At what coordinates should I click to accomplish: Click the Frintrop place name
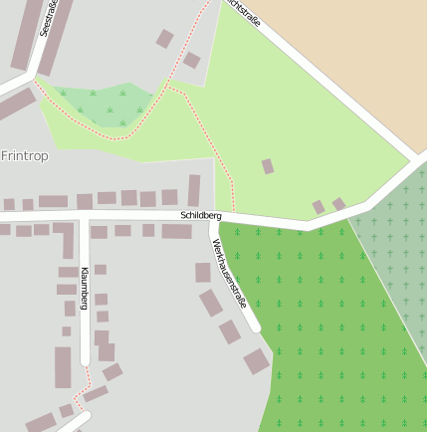[x=25, y=156]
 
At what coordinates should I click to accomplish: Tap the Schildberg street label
[x=201, y=215]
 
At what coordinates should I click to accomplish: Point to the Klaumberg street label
[x=85, y=288]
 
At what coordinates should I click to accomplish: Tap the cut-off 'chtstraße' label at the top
[x=244, y=14]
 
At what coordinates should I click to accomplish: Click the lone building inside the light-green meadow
[x=268, y=166]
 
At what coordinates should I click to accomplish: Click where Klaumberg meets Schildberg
[x=86, y=217]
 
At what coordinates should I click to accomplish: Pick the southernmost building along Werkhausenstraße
[x=257, y=361]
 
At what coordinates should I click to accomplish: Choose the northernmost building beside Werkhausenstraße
[x=203, y=272]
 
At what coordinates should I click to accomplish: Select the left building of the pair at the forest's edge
[x=319, y=207]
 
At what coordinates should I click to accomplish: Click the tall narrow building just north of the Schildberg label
[x=194, y=190]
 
